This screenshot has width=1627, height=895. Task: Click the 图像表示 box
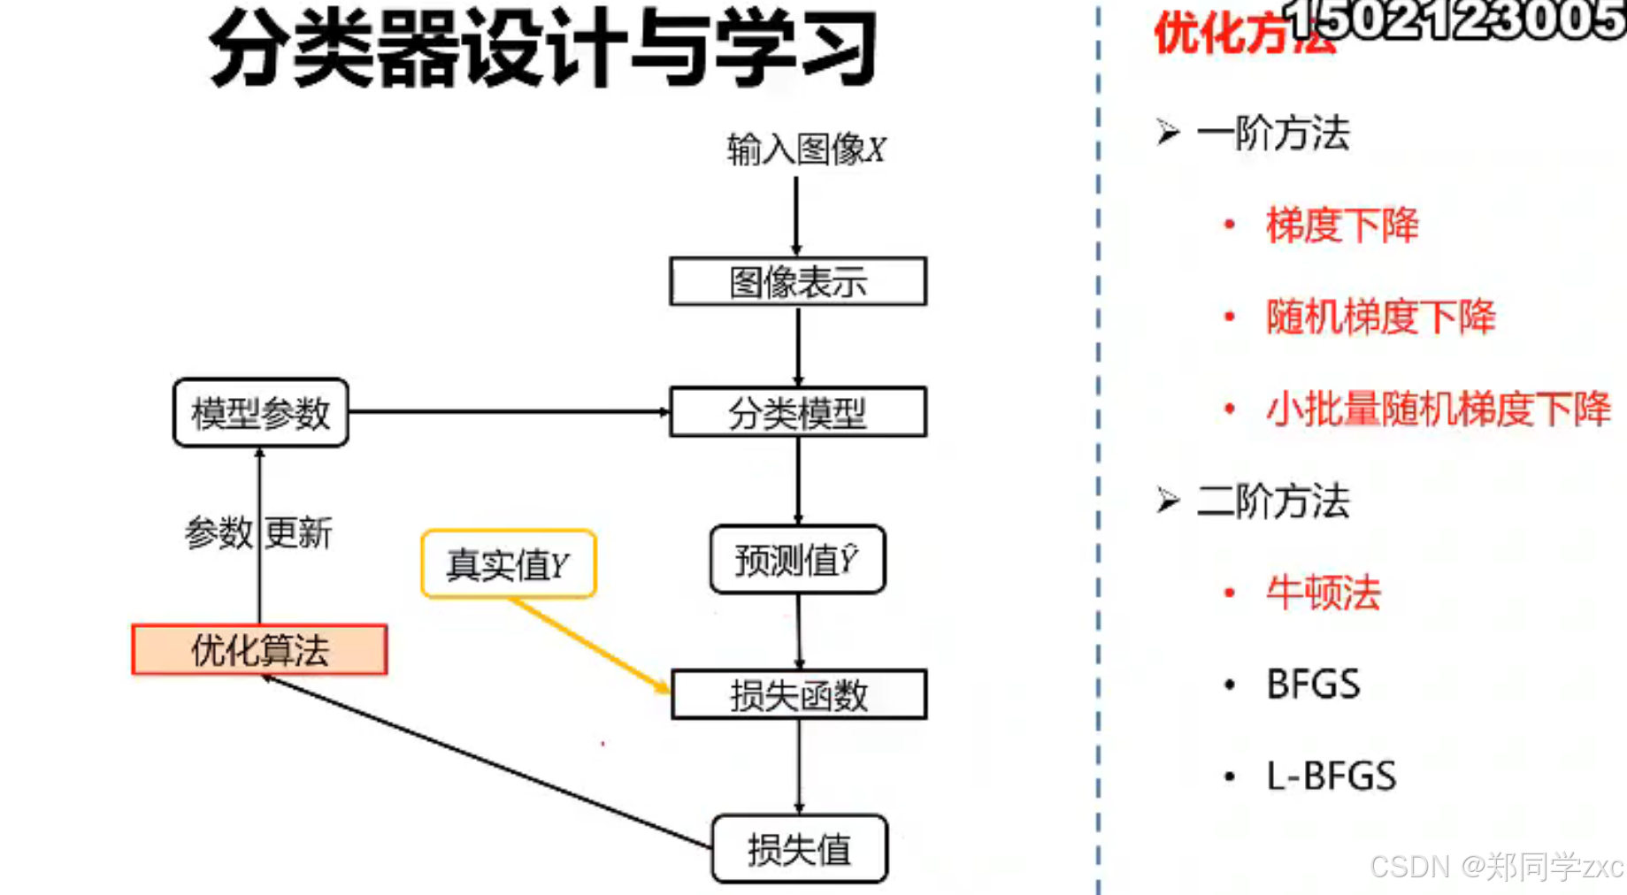(798, 281)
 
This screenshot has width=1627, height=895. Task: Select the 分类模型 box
(798, 412)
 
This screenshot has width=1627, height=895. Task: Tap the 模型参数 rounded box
(261, 413)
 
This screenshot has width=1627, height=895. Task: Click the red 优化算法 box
(259, 650)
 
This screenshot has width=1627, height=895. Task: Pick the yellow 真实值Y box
(509, 564)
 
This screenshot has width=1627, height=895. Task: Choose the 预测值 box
(797, 560)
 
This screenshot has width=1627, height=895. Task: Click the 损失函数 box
(799, 694)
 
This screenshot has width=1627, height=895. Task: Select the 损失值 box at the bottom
(799, 849)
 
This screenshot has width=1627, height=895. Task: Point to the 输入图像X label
(806, 149)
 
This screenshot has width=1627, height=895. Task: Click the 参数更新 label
(257, 533)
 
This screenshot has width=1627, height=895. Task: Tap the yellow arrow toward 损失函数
(588, 644)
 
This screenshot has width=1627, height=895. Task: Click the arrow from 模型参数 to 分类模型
(509, 411)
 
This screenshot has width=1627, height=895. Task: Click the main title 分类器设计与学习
(542, 49)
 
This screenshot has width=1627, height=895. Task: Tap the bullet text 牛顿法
(1324, 593)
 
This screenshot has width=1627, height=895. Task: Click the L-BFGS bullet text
(1332, 776)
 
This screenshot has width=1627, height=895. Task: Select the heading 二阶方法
(1273, 501)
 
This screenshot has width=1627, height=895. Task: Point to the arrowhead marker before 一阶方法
(1168, 133)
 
